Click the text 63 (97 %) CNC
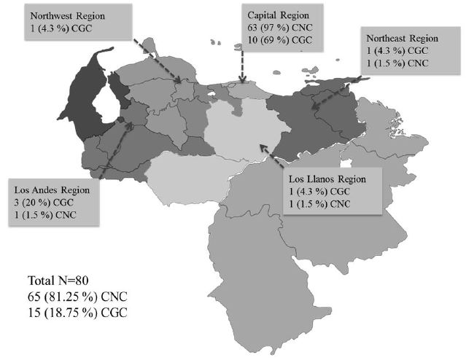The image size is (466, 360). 281,28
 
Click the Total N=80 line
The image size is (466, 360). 60,281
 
